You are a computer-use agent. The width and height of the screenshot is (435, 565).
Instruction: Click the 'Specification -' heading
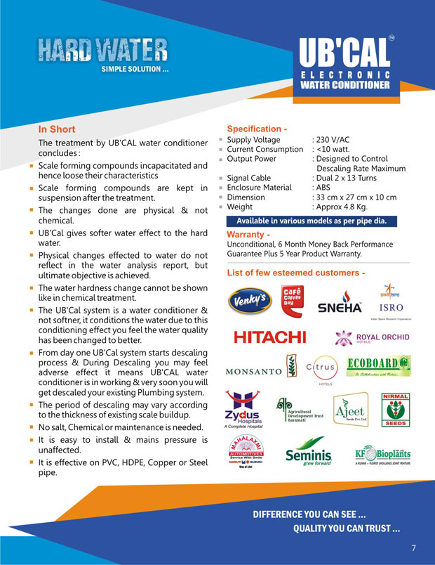pyautogui.click(x=257, y=129)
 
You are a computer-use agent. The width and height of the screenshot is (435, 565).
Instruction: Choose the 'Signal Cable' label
pyautogui.click(x=249, y=178)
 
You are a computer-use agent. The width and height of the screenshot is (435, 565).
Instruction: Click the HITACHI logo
pyautogui.click(x=269, y=337)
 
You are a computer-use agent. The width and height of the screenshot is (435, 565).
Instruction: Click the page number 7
pyautogui.click(x=414, y=547)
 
